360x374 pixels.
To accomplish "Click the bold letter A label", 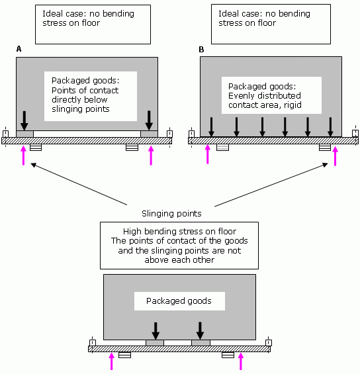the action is pos(19,49).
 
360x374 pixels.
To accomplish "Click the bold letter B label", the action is pos(201,50).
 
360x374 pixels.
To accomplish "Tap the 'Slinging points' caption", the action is pos(171,213).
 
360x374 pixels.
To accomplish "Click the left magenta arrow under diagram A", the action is pos(23,156).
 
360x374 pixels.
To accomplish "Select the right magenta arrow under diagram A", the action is pos(151,156).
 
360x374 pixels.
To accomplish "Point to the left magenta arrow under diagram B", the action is pos(208,154).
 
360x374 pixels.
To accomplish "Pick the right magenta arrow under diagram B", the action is pos(336,156).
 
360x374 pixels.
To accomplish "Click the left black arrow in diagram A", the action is pos(24,120).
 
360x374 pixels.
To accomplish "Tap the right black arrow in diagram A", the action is pos(150,120).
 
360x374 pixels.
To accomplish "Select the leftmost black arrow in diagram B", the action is pos(211,127).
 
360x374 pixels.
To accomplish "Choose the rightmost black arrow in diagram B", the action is pos(330,127).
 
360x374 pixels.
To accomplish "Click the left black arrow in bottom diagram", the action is pos(156,331).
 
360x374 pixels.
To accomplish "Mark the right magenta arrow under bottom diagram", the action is pos(241,361).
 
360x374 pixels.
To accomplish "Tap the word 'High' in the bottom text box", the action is pos(132,232).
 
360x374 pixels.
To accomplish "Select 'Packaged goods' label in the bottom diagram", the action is pos(179,301).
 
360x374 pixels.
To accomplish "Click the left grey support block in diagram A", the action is pos(24,134).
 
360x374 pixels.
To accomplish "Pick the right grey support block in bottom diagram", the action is pos(201,343).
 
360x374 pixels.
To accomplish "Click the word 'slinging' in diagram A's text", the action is pos(67,109).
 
